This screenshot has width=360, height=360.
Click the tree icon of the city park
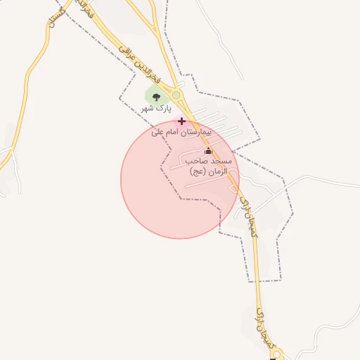[156, 97]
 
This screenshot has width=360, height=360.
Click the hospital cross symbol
[181, 121]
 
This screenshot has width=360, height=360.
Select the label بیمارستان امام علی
[181, 131]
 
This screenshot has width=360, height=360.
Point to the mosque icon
[207, 151]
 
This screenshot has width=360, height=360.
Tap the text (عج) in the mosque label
[195, 171]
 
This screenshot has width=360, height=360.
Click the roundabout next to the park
[176, 95]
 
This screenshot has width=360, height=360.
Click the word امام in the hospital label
[173, 131]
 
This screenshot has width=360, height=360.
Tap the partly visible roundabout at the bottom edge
[272, 356]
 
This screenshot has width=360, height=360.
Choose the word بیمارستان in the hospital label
[197, 131]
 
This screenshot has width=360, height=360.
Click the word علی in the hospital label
[157, 131]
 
